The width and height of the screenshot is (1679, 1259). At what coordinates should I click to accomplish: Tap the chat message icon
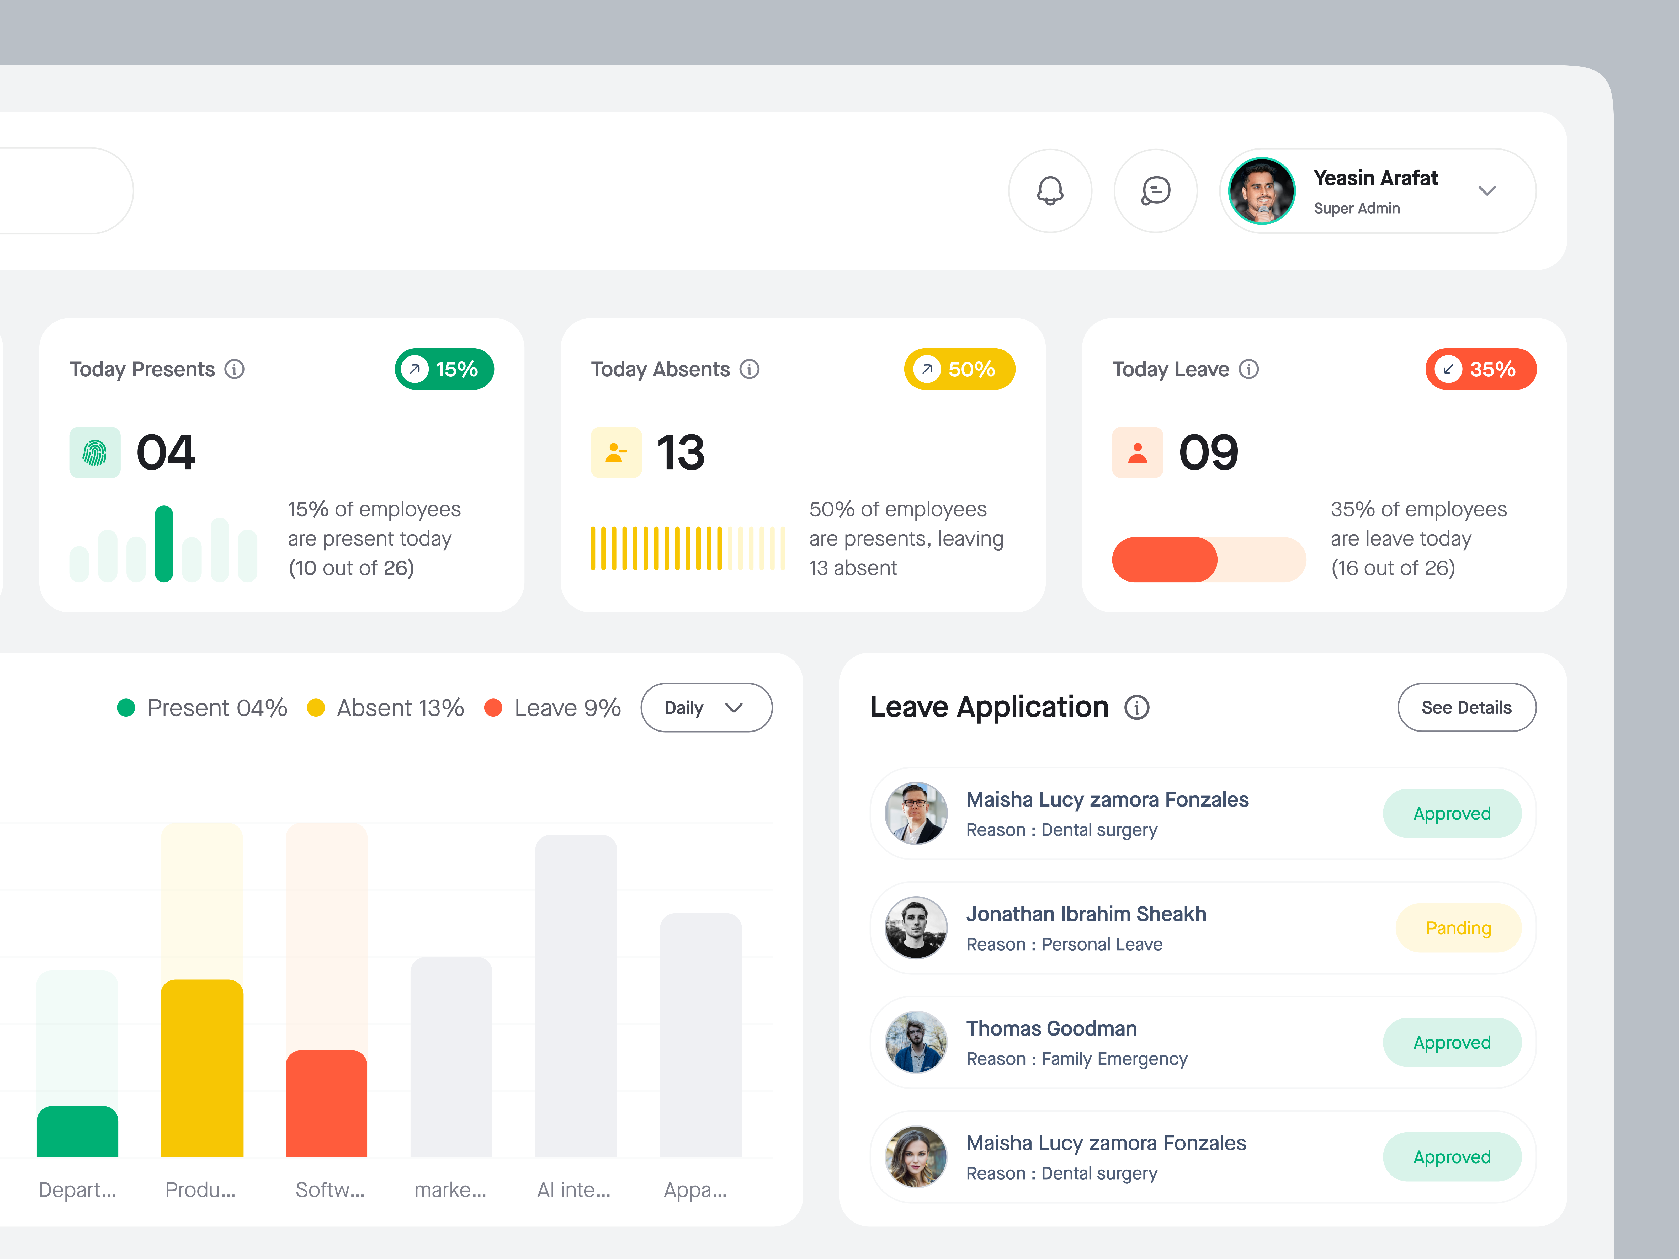[x=1155, y=190]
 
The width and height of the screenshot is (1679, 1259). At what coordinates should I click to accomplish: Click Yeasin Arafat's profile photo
[x=1262, y=190]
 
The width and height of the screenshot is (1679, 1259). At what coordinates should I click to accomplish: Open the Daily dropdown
[x=706, y=707]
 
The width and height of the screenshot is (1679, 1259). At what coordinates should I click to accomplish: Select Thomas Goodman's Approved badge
[x=1451, y=1043]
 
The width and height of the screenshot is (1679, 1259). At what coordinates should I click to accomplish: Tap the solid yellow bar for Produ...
[x=202, y=1069]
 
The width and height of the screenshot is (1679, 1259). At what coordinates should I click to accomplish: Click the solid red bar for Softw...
[x=326, y=1104]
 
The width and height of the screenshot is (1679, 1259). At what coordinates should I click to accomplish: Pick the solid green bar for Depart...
[x=77, y=1132]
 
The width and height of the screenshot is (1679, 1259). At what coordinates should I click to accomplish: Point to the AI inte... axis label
[x=573, y=1190]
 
